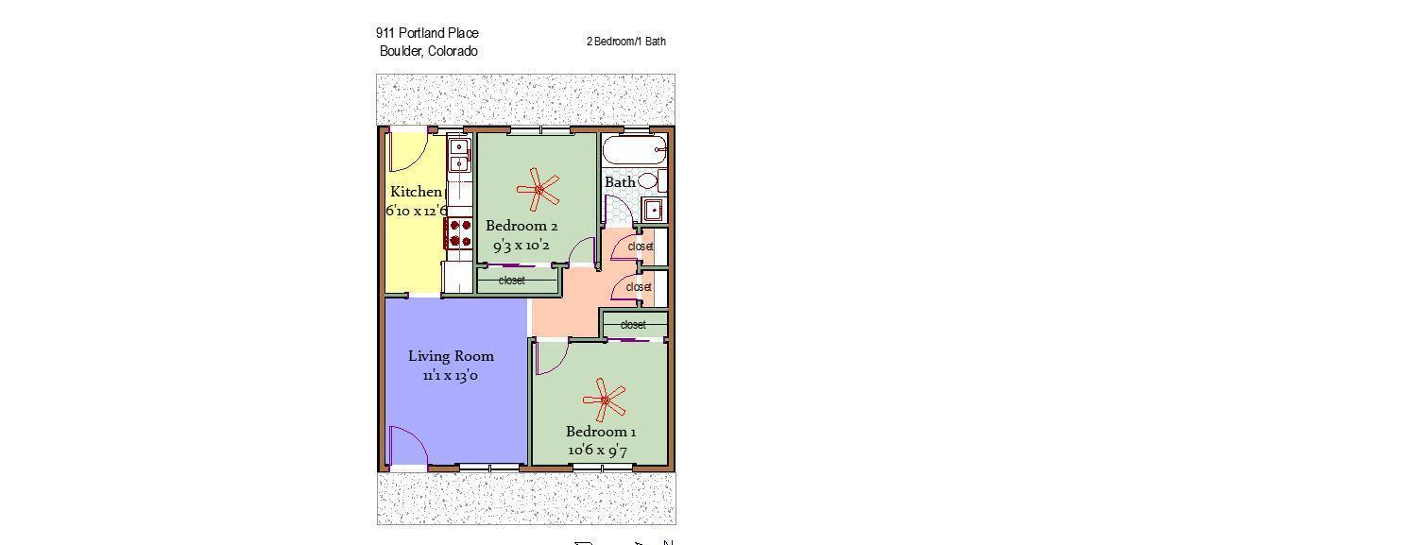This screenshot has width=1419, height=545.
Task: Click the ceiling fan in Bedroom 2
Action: tap(539, 189)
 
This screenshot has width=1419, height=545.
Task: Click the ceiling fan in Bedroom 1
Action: tap(605, 400)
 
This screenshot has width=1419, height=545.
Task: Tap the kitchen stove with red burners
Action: tap(458, 233)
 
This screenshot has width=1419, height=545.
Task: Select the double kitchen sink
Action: tap(458, 156)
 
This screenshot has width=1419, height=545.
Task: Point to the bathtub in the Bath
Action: tap(634, 150)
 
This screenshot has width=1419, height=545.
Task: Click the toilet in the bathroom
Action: tap(651, 181)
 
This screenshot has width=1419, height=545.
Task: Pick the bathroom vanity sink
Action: tap(652, 210)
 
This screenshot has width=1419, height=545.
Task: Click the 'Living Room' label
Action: tap(451, 356)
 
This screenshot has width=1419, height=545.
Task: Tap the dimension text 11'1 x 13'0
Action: tap(451, 375)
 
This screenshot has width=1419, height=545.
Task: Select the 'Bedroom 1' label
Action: tap(601, 432)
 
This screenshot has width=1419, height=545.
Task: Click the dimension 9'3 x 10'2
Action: tap(521, 246)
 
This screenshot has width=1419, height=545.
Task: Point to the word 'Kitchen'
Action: tap(417, 192)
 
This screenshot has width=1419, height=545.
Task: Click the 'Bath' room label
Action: tap(620, 182)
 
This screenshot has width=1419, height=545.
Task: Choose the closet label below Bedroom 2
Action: tap(512, 281)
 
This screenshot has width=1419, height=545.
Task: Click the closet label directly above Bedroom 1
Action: tap(633, 325)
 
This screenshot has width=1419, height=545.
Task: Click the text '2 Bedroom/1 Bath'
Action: tap(625, 42)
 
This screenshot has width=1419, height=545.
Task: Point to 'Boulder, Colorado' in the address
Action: tap(428, 51)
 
